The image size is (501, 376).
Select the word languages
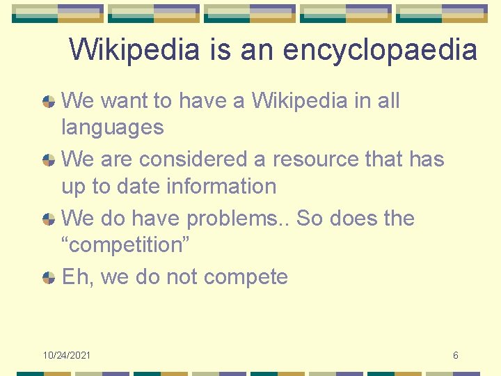click(x=113, y=127)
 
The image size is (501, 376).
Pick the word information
click(x=221, y=186)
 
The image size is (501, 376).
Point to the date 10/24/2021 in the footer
click(x=67, y=356)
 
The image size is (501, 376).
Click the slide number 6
click(x=456, y=356)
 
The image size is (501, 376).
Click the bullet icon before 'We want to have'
click(x=49, y=101)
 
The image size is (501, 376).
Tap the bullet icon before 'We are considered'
click(x=49, y=159)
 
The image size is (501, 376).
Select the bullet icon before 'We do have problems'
click(x=49, y=219)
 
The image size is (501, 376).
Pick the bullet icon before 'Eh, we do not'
click(x=49, y=277)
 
